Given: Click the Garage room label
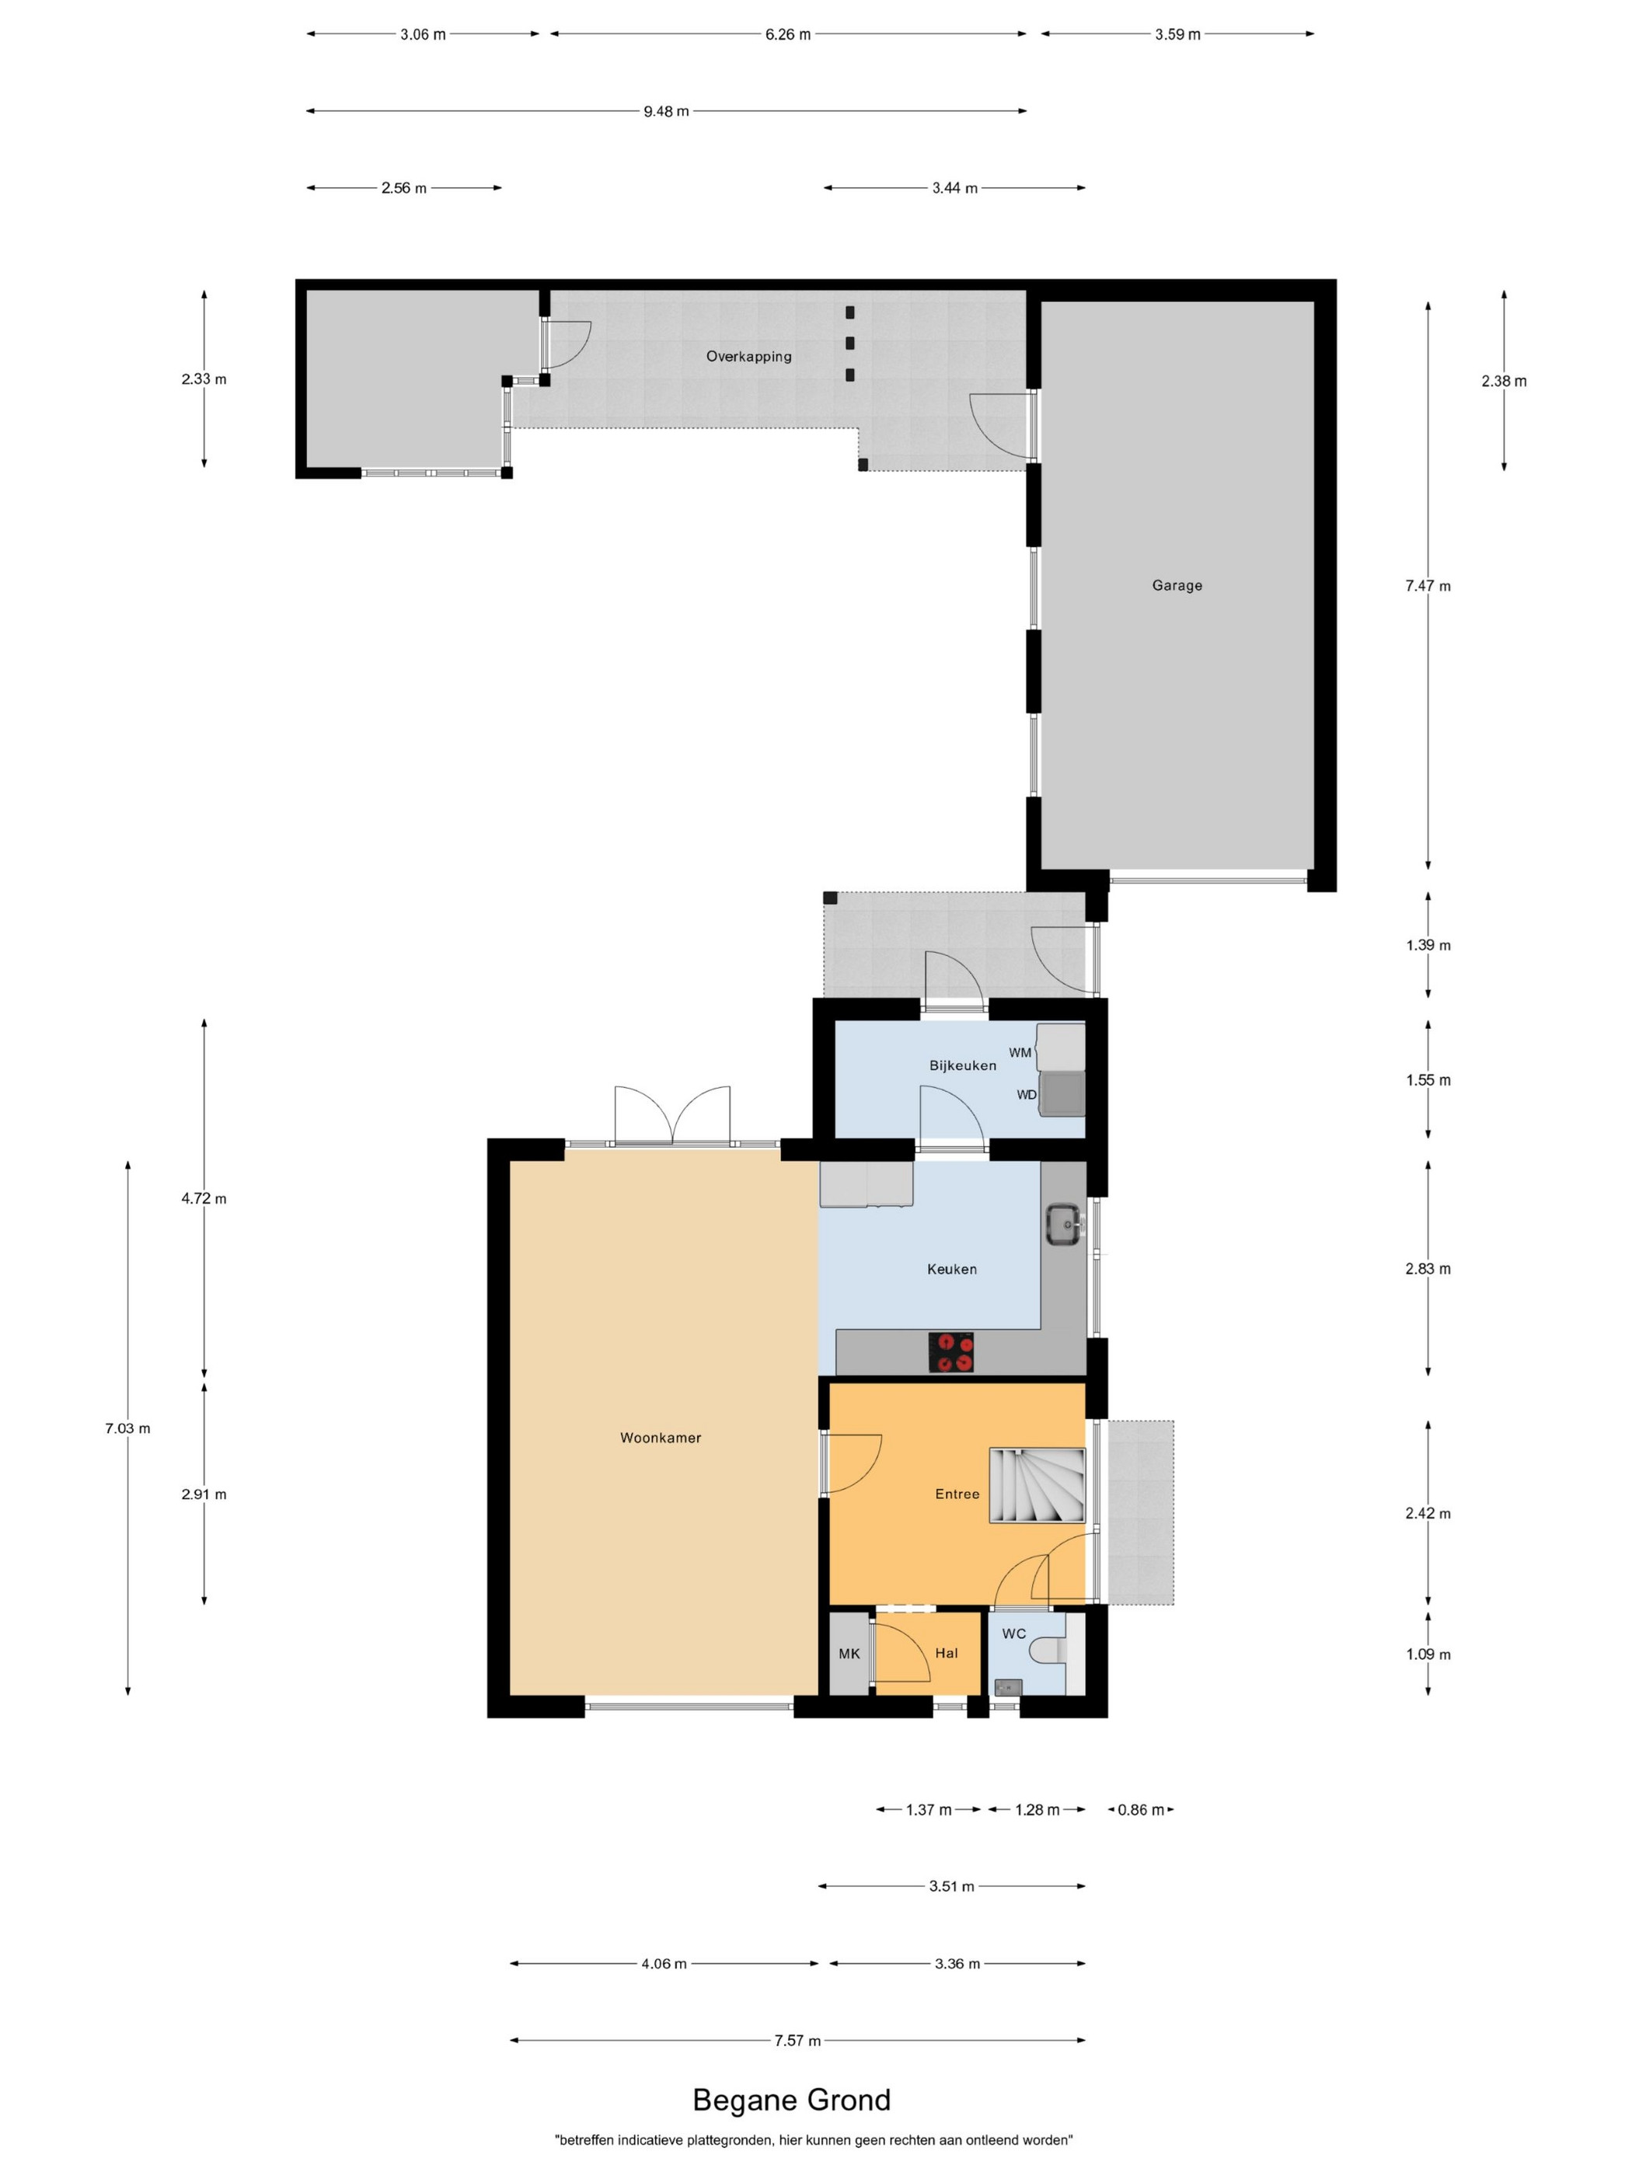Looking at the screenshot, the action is pos(1177,585).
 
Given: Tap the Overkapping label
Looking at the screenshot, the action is pos(748,356).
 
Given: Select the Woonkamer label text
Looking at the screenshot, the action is pos(660,1437).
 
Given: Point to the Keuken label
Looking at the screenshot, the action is pos(952,1269).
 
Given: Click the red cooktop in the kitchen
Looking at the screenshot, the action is pos(951,1351).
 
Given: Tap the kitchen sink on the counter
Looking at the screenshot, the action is pos(1063,1224).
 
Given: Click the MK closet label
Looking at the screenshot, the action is pos(849,1654).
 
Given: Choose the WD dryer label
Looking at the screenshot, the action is pos(1026,1094).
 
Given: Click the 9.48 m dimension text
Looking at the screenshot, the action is pos(666,111).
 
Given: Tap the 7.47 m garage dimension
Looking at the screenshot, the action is pos(1428,585).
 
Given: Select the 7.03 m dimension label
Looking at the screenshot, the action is pos(128,1428).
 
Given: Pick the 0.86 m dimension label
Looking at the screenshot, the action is pos(1140,1810).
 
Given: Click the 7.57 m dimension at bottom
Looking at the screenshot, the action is pos(797,2040).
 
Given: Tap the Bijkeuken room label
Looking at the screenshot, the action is pos(962,1065).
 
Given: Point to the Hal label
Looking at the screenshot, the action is pos(947,1653).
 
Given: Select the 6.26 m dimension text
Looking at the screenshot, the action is pos(788,34).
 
